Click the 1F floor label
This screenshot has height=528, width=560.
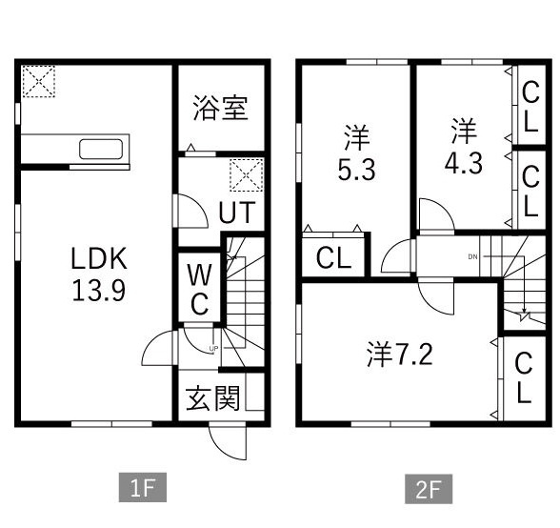[x=143, y=488]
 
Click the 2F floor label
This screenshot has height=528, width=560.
[x=429, y=489]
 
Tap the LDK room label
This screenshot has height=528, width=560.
[x=99, y=258]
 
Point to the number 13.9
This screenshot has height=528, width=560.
[x=99, y=290]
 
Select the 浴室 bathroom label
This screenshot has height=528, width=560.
[x=220, y=108]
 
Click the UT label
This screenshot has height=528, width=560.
[x=237, y=213]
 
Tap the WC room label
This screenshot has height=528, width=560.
[x=199, y=289]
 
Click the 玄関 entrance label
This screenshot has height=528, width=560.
[x=213, y=397]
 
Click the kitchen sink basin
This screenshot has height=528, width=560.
[x=101, y=149]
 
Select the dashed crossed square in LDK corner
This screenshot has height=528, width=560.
[x=38, y=81]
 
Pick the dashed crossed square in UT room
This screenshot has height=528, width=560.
[x=247, y=174]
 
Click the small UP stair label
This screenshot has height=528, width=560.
[x=213, y=348]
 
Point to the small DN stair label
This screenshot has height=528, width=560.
[x=472, y=256]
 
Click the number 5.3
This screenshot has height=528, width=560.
[x=356, y=170]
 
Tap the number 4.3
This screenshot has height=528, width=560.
[x=463, y=163]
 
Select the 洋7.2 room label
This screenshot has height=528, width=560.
[x=400, y=354]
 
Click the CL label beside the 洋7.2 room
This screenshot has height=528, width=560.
[x=524, y=377]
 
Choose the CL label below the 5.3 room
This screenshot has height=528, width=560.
[x=333, y=257]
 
